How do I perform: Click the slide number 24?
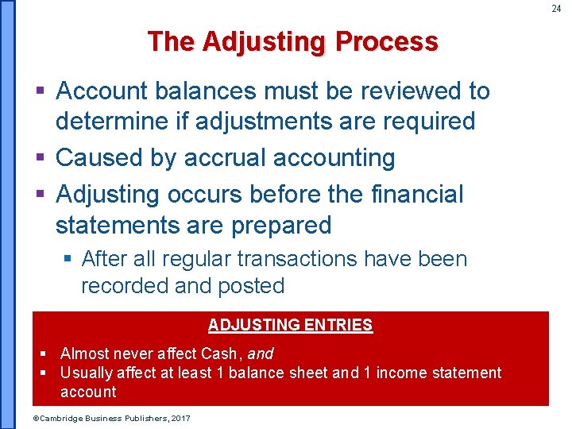(556, 9)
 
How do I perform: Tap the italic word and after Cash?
(261, 354)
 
